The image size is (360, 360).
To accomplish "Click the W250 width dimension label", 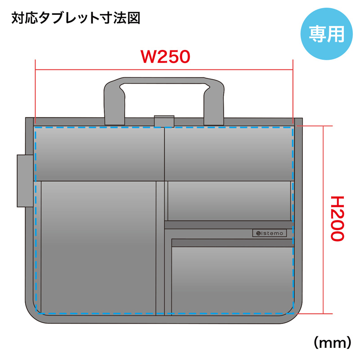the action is [x=166, y=57].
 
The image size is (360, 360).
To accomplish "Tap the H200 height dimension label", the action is [x=337, y=219].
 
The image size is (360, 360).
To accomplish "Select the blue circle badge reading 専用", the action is [x=327, y=34].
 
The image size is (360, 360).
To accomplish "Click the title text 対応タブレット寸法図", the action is [x=76, y=18].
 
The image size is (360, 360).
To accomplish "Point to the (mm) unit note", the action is [x=333, y=342].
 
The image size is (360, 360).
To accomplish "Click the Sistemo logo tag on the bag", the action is [x=270, y=233].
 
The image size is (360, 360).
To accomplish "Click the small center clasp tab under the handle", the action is [x=164, y=121].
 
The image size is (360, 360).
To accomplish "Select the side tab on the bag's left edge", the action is [x=25, y=181].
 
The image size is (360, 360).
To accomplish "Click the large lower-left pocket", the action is [x=99, y=247].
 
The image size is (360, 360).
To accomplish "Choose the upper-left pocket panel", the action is [x=99, y=153].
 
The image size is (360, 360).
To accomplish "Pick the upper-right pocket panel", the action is [x=229, y=153].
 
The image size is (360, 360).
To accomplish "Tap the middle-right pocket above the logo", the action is [x=229, y=201].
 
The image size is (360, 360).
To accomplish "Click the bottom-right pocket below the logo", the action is [x=232, y=280].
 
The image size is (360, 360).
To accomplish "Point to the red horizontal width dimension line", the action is [x=164, y=69].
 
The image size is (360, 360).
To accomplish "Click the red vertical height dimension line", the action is [x=324, y=220].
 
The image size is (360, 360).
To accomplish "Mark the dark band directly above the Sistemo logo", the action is [x=229, y=225].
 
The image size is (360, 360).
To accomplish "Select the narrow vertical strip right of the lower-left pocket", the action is [x=160, y=247].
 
